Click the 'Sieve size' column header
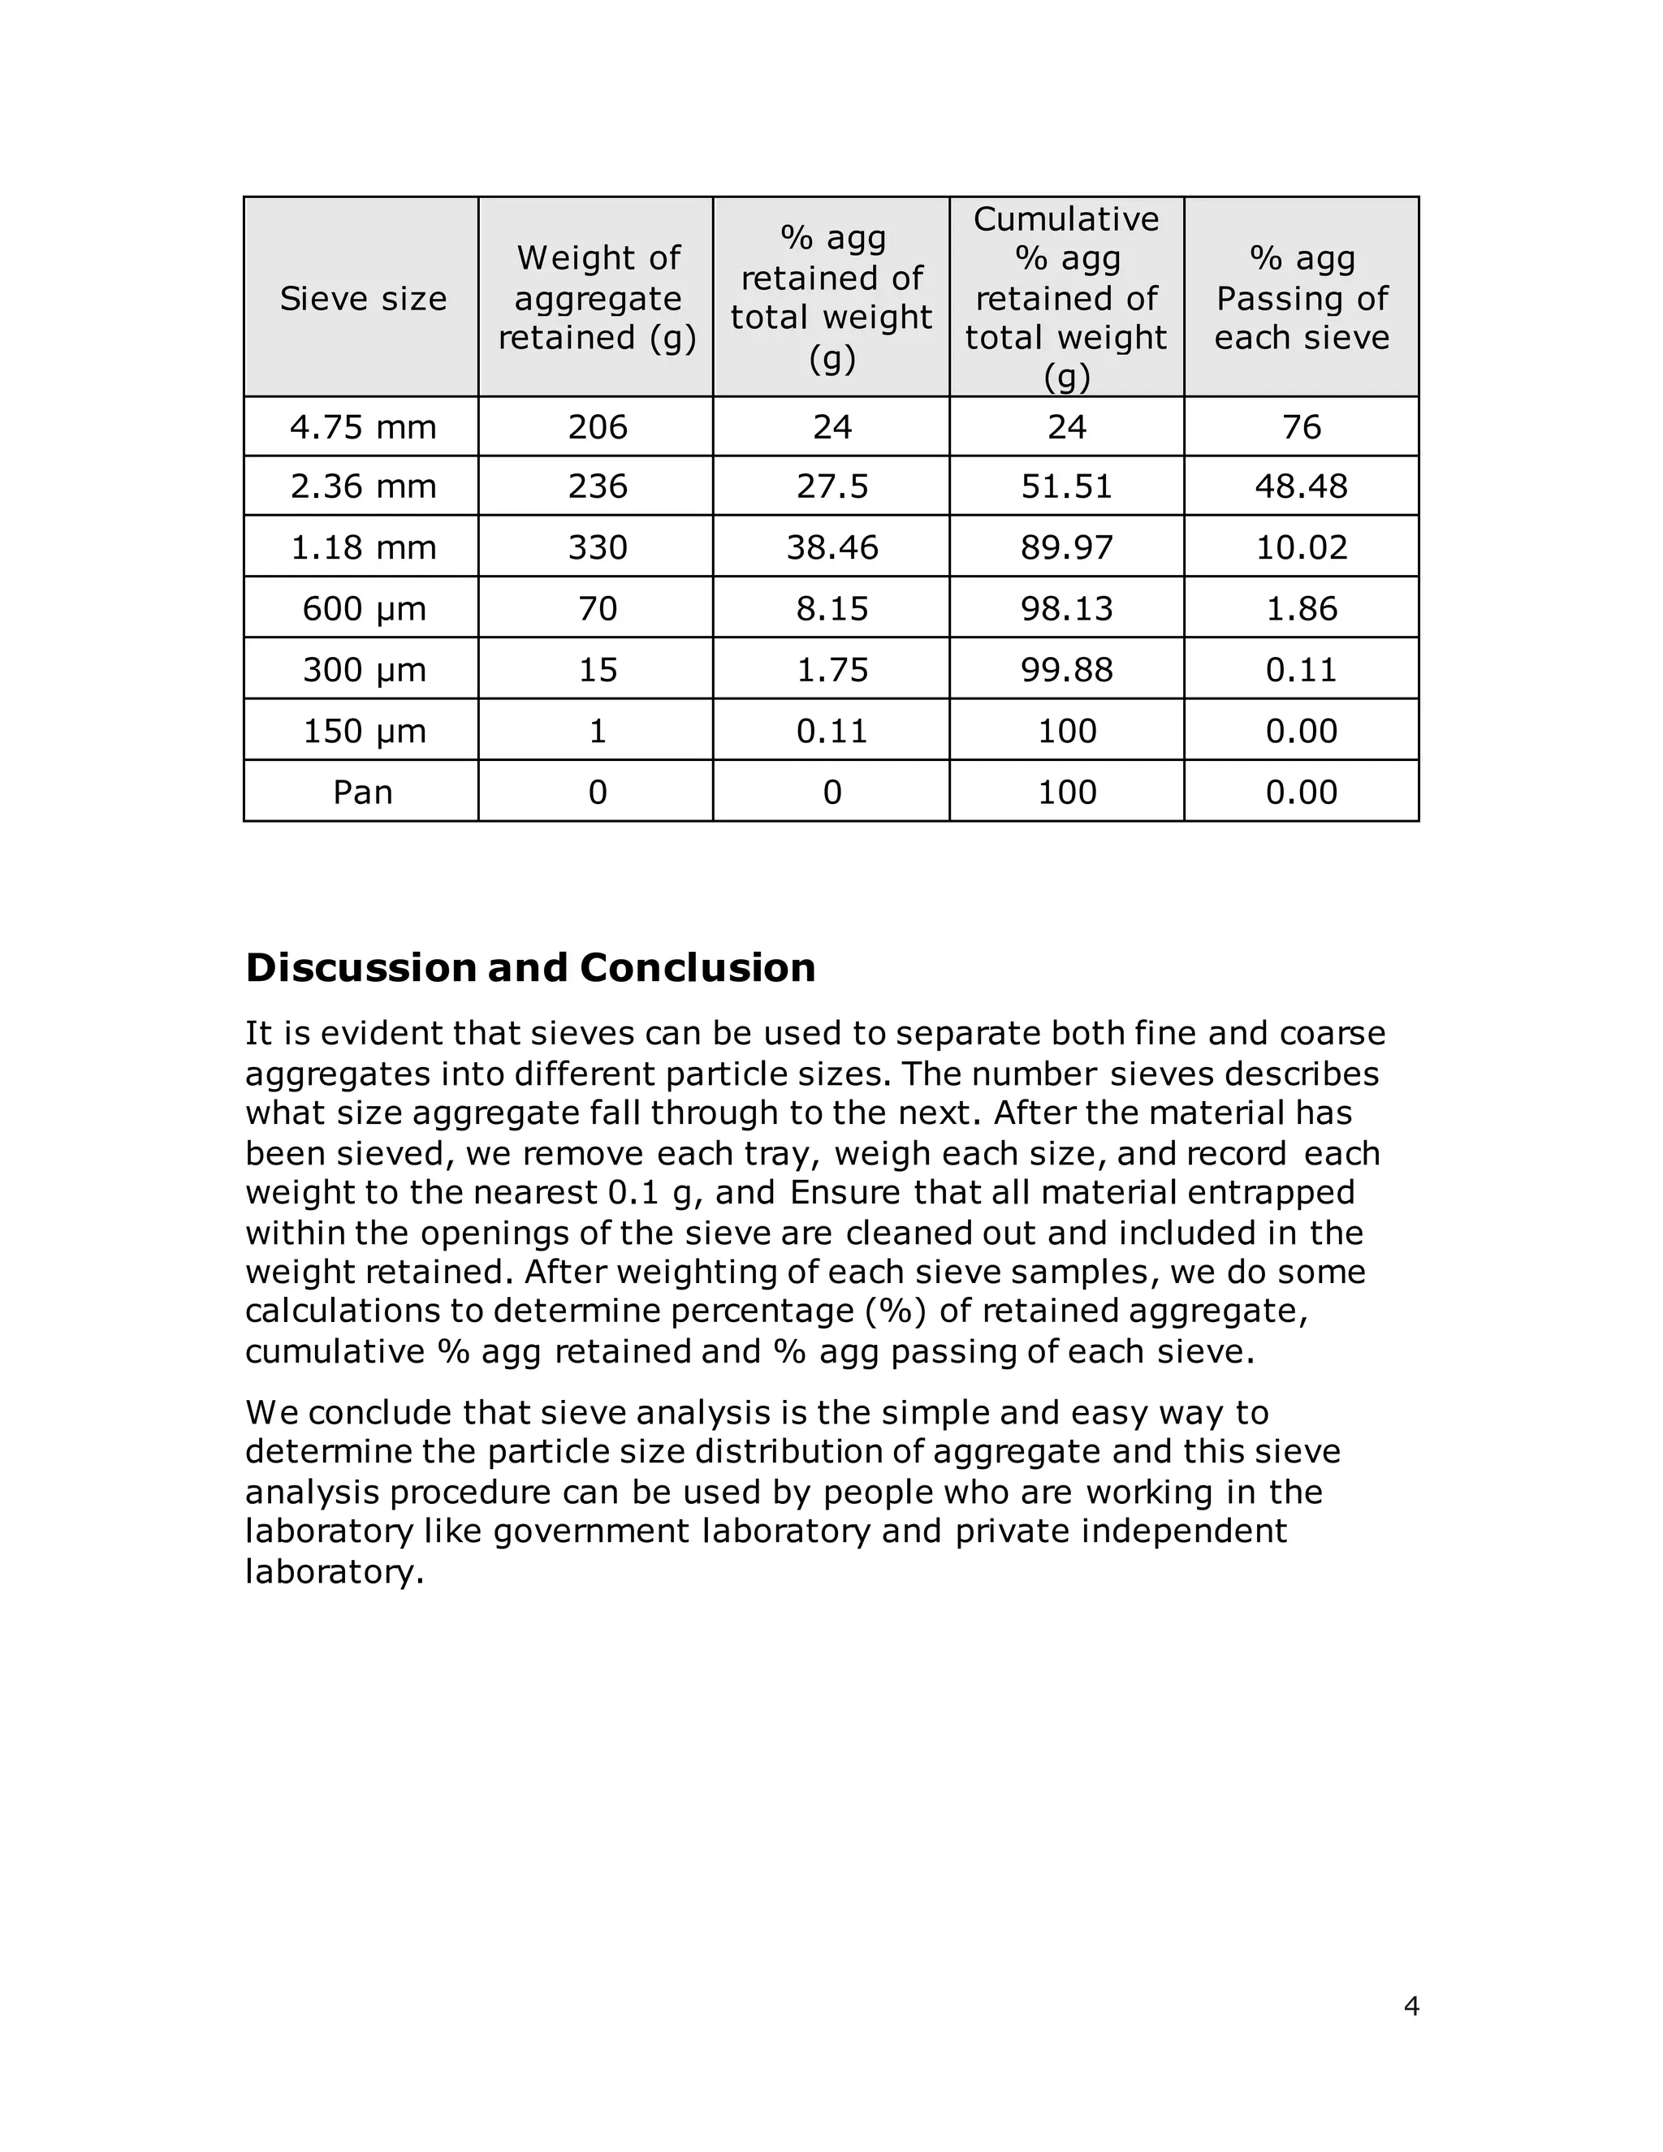[x=362, y=297]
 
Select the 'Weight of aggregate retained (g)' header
[x=597, y=297]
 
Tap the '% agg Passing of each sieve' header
[x=1301, y=297]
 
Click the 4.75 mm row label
[x=362, y=426]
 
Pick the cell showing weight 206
[x=597, y=426]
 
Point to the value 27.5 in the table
[x=831, y=486]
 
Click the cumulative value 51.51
[x=1066, y=486]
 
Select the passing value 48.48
[x=1301, y=486]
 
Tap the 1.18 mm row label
[x=362, y=547]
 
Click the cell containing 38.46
[x=831, y=547]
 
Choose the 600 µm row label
[x=362, y=608]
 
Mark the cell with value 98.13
[x=1066, y=608]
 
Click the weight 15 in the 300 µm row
[x=597, y=669]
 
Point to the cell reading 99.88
[x=1066, y=669]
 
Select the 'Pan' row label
[x=362, y=791]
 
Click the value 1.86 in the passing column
[x=1301, y=608]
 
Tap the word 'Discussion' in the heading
[x=361, y=968]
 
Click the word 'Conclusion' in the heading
[x=697, y=968]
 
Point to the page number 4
[x=1410, y=2005]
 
